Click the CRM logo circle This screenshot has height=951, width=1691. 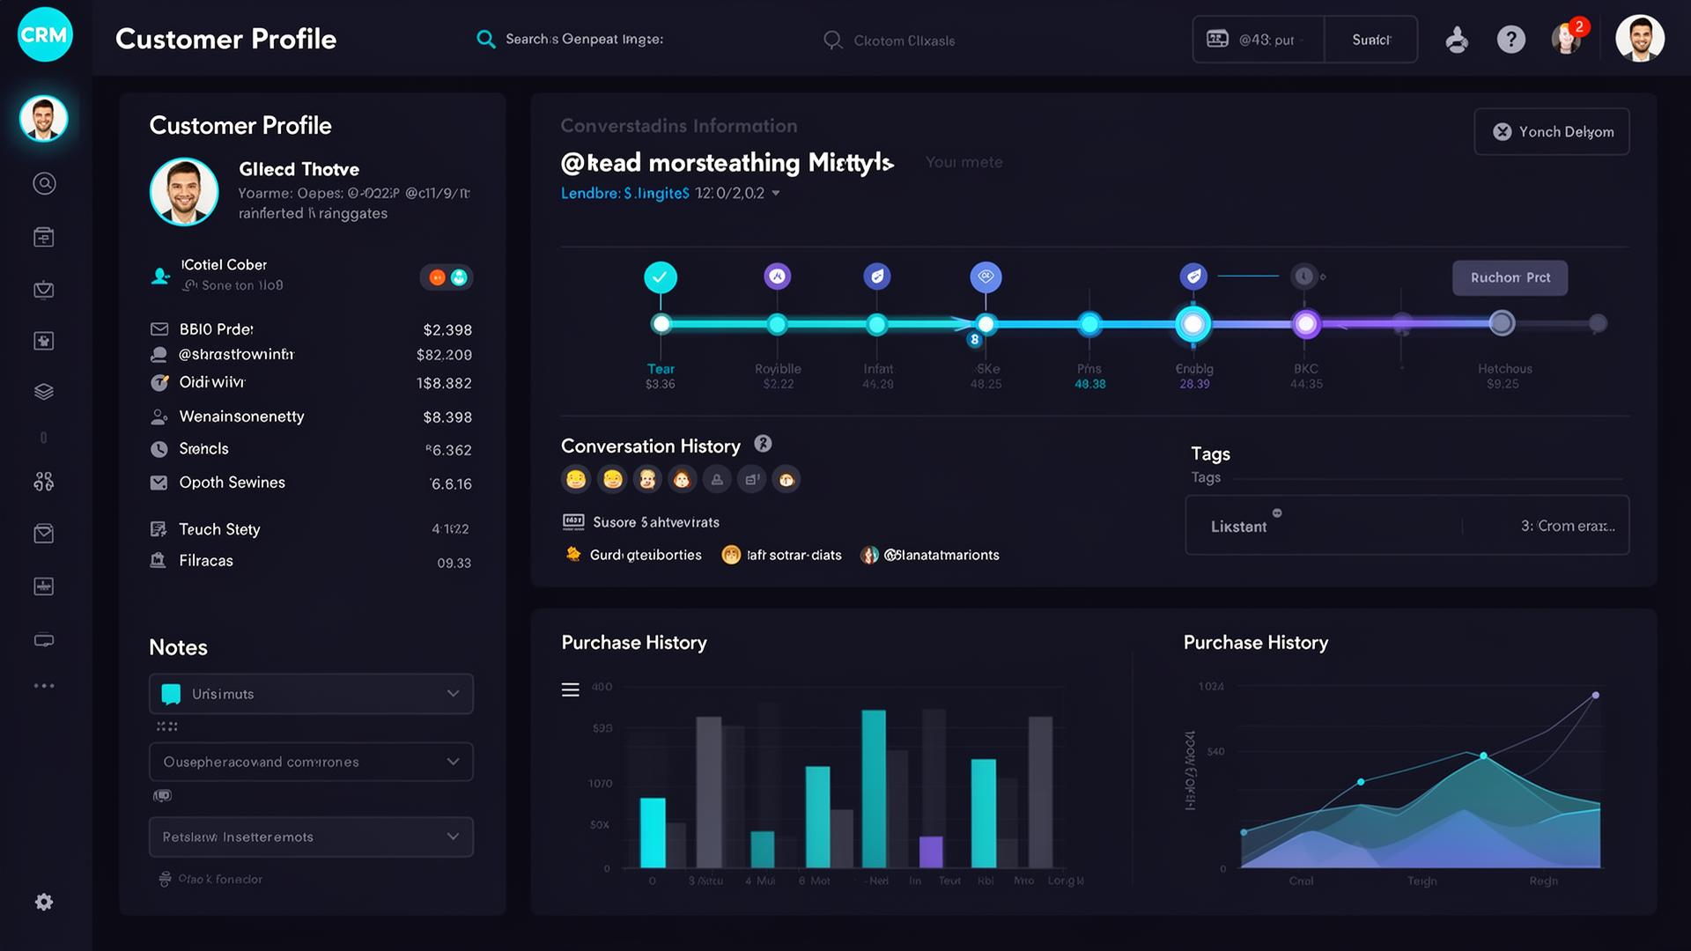45,35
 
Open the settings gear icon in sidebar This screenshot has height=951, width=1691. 44,902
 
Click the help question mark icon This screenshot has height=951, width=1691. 1510,40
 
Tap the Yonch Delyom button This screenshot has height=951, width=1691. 1552,132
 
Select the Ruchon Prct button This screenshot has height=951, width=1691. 1510,277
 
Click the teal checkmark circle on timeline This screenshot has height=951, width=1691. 661,277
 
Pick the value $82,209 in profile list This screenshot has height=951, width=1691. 444,355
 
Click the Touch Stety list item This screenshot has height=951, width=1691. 219,529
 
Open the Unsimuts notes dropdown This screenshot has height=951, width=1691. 311,694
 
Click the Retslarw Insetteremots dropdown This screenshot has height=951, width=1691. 311,837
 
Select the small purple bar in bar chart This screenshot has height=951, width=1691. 931,851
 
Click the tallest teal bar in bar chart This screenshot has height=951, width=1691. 874,788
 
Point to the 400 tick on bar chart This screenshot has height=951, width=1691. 602,687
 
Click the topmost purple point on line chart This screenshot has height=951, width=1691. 1595,696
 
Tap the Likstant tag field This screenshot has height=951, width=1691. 1238,527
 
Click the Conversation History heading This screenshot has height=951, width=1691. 650,446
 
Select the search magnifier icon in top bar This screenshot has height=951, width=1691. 485,40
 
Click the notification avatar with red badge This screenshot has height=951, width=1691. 1567,39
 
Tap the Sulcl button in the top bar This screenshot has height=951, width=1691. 1370,40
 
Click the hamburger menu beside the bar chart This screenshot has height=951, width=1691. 571,689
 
